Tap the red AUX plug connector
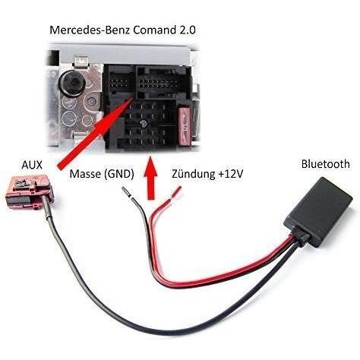tap(29, 192)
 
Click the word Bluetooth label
tap(325, 164)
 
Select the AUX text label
tap(32, 165)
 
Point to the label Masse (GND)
tap(102, 174)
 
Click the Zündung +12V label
tap(207, 174)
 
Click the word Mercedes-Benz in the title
tap(90, 30)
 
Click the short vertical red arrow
tap(150, 178)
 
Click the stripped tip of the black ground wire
tap(126, 191)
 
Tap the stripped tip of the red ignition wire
tap(176, 191)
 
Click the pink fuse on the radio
tap(185, 126)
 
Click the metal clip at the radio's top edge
tap(81, 62)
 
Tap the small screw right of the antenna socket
tap(91, 102)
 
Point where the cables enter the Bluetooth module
tap(301, 236)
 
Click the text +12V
tap(230, 174)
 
